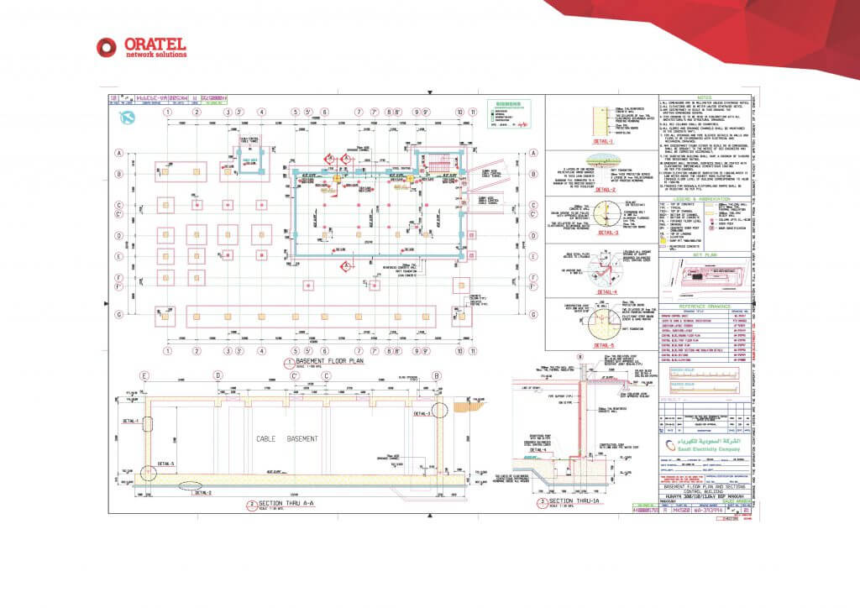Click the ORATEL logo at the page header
141,47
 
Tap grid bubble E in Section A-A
145,375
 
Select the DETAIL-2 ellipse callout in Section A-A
189,485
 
